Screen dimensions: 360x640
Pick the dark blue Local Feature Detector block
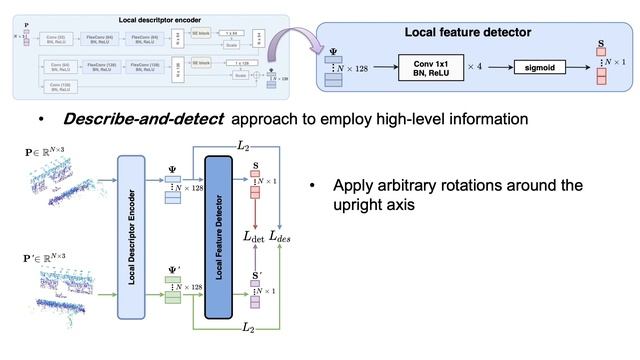(223, 236)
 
